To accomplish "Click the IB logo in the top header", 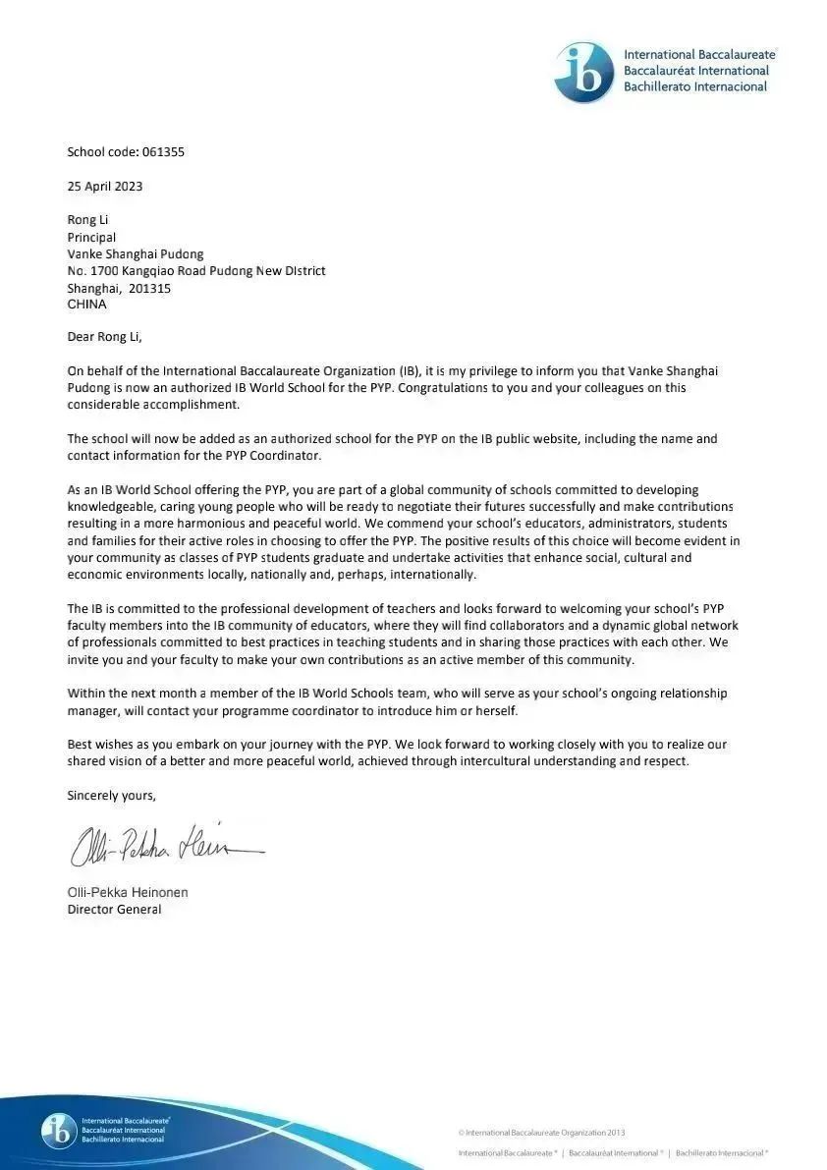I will [583, 73].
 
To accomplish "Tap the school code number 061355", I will [163, 152].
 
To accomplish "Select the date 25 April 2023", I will [105, 186].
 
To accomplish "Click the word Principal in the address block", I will [91, 237].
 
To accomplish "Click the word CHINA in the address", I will [86, 305].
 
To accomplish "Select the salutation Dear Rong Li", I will [104, 338].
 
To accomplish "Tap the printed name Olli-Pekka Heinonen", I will [128, 892].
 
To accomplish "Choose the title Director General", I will [114, 910].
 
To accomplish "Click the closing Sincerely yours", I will [111, 795].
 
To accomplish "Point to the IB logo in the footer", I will [59, 1131].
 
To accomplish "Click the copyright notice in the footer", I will [541, 1133].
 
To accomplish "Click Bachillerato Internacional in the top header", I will [695, 87].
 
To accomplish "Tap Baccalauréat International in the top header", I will [696, 71].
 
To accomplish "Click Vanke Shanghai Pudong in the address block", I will [136, 254].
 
